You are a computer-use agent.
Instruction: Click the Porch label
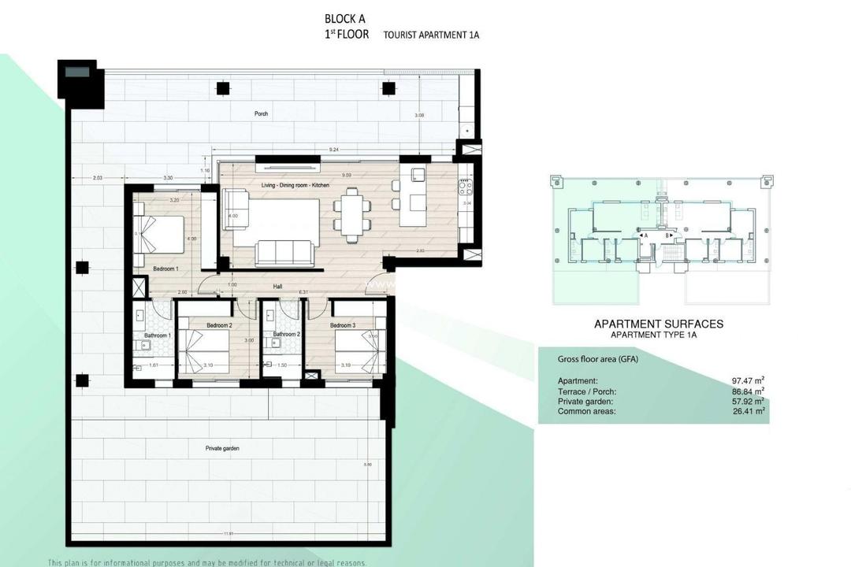click(x=261, y=113)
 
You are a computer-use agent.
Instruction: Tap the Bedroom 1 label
click(x=166, y=269)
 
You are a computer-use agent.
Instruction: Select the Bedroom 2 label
click(x=219, y=325)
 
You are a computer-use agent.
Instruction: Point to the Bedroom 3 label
click(x=343, y=325)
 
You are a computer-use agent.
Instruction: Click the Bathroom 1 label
click(x=157, y=335)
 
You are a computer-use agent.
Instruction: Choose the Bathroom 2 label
click(x=285, y=334)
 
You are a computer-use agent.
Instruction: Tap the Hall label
click(x=277, y=287)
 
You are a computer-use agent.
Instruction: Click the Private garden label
click(x=222, y=448)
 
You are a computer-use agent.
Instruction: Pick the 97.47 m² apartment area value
click(x=748, y=381)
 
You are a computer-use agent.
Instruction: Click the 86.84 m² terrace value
click(x=748, y=391)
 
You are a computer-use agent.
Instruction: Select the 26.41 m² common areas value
click(x=748, y=411)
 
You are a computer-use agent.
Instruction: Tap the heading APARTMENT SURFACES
click(x=658, y=324)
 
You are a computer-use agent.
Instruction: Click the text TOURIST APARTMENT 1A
click(x=431, y=35)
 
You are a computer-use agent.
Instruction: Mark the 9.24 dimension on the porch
click(x=335, y=149)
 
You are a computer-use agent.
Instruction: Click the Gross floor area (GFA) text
click(x=596, y=358)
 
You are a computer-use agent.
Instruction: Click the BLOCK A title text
click(x=346, y=19)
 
